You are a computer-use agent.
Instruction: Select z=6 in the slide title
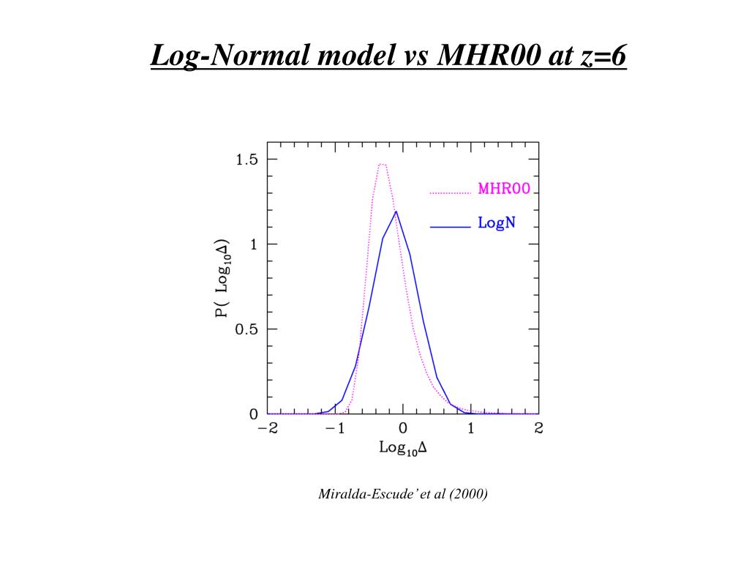click(x=603, y=56)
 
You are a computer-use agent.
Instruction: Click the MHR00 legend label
click(x=504, y=189)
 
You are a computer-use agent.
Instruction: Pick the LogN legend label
click(x=497, y=223)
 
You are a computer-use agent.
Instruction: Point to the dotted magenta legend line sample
click(x=450, y=193)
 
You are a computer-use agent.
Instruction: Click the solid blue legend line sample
click(x=450, y=228)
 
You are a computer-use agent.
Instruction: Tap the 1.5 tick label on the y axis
click(x=246, y=160)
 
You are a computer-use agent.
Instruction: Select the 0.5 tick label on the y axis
click(x=246, y=329)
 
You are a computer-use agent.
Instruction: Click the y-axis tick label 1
click(x=254, y=244)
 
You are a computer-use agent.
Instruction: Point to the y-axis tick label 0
click(x=253, y=414)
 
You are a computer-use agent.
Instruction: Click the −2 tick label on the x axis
click(x=268, y=429)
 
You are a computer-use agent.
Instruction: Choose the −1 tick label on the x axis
click(x=335, y=429)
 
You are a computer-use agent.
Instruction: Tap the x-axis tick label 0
click(x=403, y=429)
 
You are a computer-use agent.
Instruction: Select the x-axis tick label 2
click(x=539, y=429)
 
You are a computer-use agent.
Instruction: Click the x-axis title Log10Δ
click(x=403, y=448)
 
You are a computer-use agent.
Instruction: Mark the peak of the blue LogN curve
click(x=396, y=211)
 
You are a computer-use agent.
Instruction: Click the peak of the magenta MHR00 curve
click(x=382, y=164)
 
